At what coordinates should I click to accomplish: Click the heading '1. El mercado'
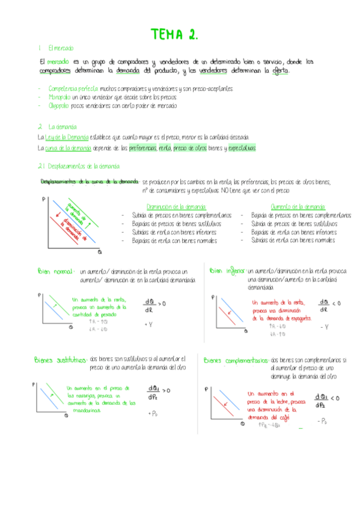coord(55,49)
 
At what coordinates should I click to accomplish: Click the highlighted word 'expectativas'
coord(242,148)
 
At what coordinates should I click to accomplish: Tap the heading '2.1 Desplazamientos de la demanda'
coord(79,167)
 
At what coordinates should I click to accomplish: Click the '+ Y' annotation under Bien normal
coord(148,324)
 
